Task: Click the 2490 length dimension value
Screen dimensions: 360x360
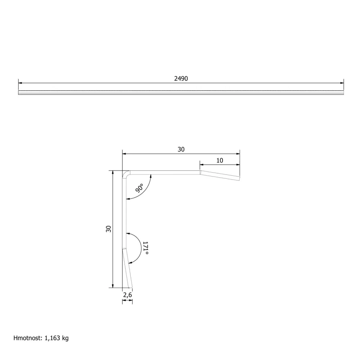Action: point(181,79)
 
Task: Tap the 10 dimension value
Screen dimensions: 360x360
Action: point(220,160)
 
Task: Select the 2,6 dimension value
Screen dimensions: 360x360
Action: point(127,295)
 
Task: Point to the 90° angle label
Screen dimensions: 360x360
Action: point(139,188)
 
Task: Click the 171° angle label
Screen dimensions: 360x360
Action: point(145,248)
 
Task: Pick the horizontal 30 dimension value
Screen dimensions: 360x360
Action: point(181,150)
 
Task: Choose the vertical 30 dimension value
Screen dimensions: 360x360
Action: point(108,229)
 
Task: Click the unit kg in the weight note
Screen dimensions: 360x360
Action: point(65,338)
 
